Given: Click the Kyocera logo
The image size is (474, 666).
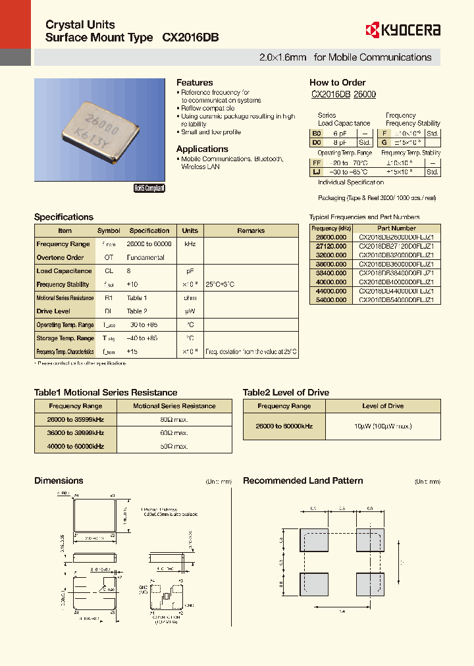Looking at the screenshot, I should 402,30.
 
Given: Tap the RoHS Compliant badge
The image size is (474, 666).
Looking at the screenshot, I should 149,188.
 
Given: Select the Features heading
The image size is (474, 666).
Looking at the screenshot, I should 194,82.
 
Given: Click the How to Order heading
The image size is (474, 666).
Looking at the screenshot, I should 337,82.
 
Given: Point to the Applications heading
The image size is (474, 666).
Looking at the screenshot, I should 202,149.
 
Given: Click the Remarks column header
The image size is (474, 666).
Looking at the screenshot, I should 251,231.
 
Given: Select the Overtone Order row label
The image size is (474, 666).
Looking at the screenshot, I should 60,257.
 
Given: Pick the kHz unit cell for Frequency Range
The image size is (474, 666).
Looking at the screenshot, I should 190,244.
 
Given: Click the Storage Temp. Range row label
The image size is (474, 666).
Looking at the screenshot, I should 65,338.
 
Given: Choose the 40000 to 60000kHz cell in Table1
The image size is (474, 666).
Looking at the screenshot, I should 76,446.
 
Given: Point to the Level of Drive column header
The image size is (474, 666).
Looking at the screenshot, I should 382,406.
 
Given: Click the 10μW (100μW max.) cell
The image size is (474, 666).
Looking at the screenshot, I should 382,426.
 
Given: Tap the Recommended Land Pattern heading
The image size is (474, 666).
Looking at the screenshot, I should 303,481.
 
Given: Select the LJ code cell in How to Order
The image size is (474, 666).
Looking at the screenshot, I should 317,172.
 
